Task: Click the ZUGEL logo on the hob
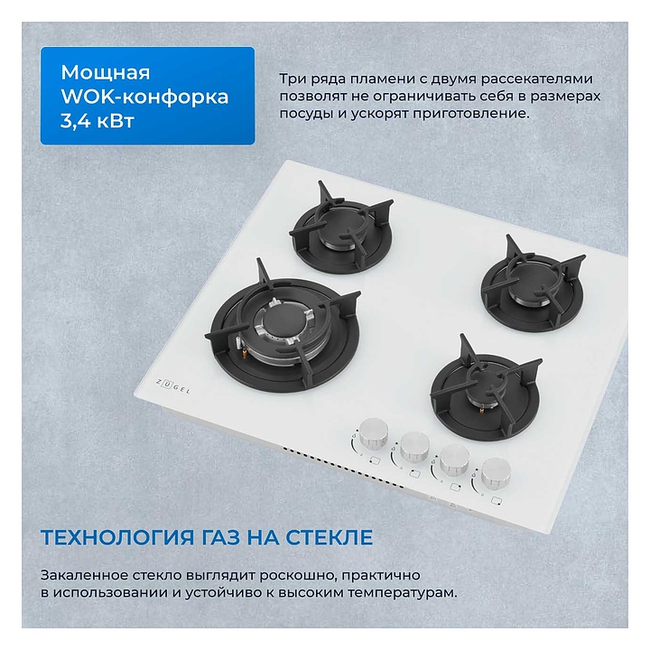173,386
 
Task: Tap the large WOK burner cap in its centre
284,322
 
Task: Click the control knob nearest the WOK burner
374,433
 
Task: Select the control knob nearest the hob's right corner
496,473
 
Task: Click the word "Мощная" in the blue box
106,72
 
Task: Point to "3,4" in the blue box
75,122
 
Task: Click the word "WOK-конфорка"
144,97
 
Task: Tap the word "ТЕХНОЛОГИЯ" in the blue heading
117,537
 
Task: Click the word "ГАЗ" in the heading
220,537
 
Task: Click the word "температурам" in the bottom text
401,592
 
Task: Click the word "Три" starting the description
292,79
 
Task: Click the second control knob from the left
414,447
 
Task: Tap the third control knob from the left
454,460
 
